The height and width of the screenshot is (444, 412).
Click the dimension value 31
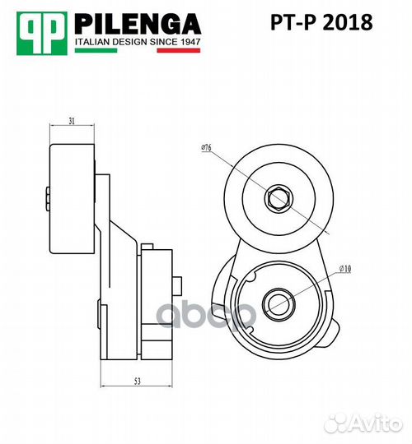tap(73, 121)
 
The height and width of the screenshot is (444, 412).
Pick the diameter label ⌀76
tap(206, 149)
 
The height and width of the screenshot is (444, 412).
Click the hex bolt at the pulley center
tap(277, 197)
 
